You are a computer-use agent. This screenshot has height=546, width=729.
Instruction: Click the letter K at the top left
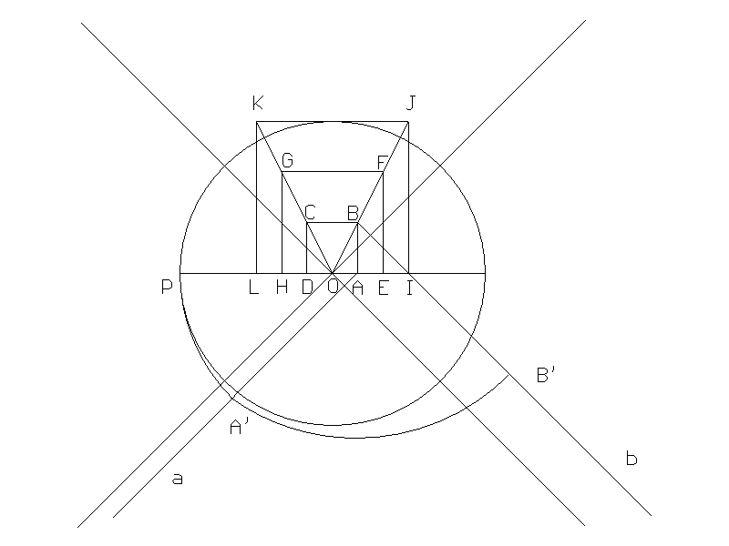pyautogui.click(x=258, y=103)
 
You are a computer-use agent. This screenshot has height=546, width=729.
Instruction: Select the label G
pyautogui.click(x=287, y=160)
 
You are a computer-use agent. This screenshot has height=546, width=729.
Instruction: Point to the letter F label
pyautogui.click(x=382, y=163)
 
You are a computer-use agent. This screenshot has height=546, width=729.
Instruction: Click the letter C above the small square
pyautogui.click(x=310, y=213)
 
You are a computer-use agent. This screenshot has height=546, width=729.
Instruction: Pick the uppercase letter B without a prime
pyautogui.click(x=353, y=213)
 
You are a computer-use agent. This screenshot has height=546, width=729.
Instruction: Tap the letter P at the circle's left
pyautogui.click(x=167, y=287)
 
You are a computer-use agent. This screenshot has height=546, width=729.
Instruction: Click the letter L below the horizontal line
pyautogui.click(x=253, y=288)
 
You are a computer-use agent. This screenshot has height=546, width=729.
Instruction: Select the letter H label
pyautogui.click(x=282, y=288)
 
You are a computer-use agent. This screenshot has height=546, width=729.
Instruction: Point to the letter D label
pyautogui.click(x=307, y=288)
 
